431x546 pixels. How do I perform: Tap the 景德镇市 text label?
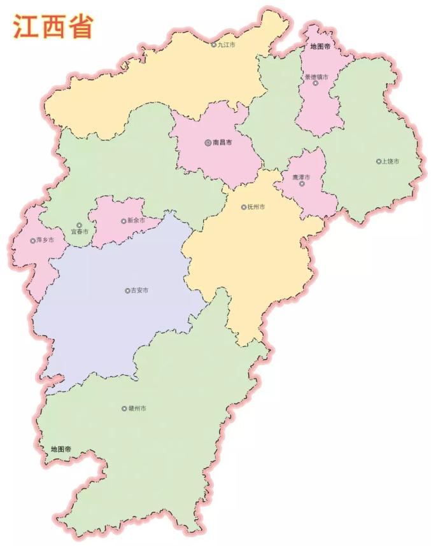(316, 77)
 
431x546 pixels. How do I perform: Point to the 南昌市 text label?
(222, 143)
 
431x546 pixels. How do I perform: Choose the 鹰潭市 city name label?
(301, 177)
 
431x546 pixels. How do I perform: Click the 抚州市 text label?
(257, 207)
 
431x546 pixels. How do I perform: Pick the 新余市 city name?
(136, 221)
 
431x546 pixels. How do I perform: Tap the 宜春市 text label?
(80, 232)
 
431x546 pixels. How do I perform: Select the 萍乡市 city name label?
(45, 241)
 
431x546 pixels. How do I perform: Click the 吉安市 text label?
(139, 290)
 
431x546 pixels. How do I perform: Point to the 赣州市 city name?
(137, 408)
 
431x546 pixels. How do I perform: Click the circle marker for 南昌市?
(208, 143)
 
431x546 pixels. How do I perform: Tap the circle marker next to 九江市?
(214, 45)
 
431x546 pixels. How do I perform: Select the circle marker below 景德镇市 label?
(315, 83)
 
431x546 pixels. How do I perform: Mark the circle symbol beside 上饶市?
(378, 162)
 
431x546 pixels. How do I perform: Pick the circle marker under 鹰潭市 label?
(302, 184)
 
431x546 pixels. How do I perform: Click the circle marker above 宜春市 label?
(79, 225)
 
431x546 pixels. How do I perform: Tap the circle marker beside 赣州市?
(124, 409)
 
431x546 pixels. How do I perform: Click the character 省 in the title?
(80, 27)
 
